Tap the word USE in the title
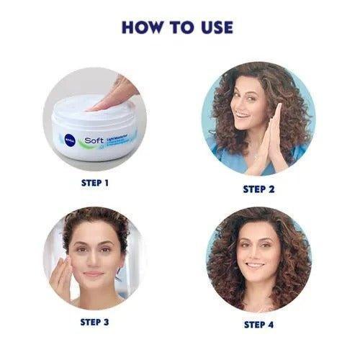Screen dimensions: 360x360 215,27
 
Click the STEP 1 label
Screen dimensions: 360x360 95,183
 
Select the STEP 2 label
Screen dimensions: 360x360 259,189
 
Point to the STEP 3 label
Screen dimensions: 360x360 95,322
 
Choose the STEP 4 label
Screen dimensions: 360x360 259,325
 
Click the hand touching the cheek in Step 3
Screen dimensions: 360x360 61,274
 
